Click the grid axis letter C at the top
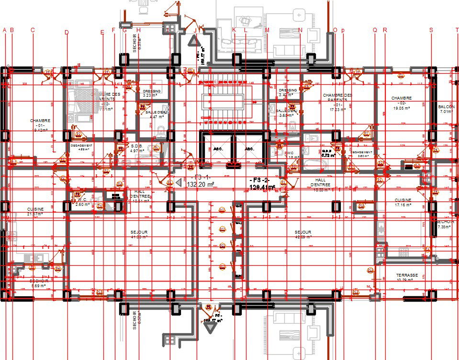(x=33, y=30)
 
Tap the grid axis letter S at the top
(x=431, y=30)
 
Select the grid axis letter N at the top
(x=301, y=30)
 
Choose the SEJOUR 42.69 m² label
(x=303, y=235)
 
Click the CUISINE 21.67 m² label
(x=35, y=212)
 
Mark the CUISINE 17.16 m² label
(x=403, y=202)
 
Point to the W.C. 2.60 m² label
(x=82, y=202)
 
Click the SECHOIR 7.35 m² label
(x=445, y=225)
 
